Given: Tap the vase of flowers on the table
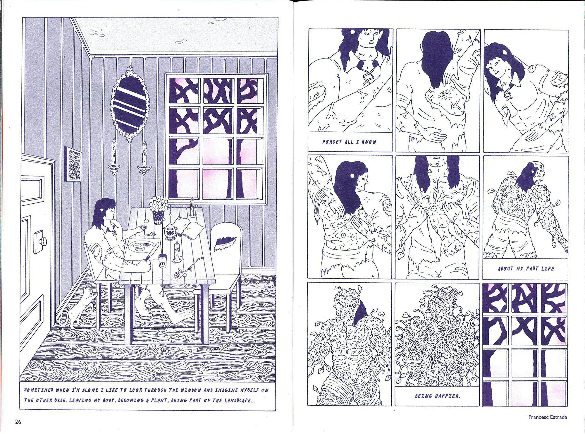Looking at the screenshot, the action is (159, 210).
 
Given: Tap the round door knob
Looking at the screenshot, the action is (44, 241).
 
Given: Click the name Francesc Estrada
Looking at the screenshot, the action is (548, 417).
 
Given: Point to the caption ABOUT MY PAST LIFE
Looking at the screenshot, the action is (526, 268).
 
